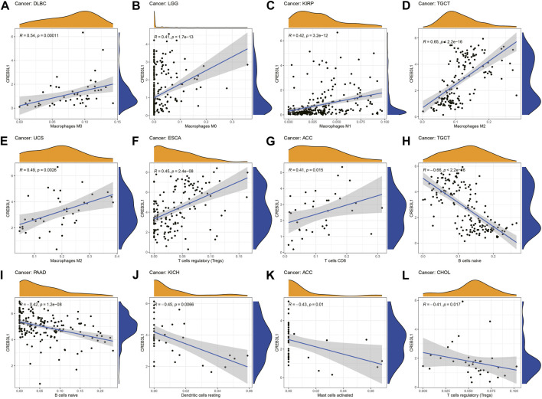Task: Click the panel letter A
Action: (6, 5)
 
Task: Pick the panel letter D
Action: (414, 5)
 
